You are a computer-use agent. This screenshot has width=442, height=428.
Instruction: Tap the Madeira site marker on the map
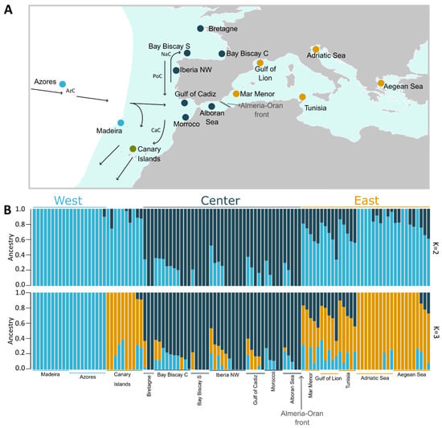tap(121, 122)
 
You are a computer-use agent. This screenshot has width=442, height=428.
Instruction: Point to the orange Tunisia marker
tap(302, 97)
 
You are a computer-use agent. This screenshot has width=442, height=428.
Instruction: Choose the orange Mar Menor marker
tap(236, 94)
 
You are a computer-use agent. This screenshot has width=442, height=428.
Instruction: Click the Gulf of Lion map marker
tap(260, 63)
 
